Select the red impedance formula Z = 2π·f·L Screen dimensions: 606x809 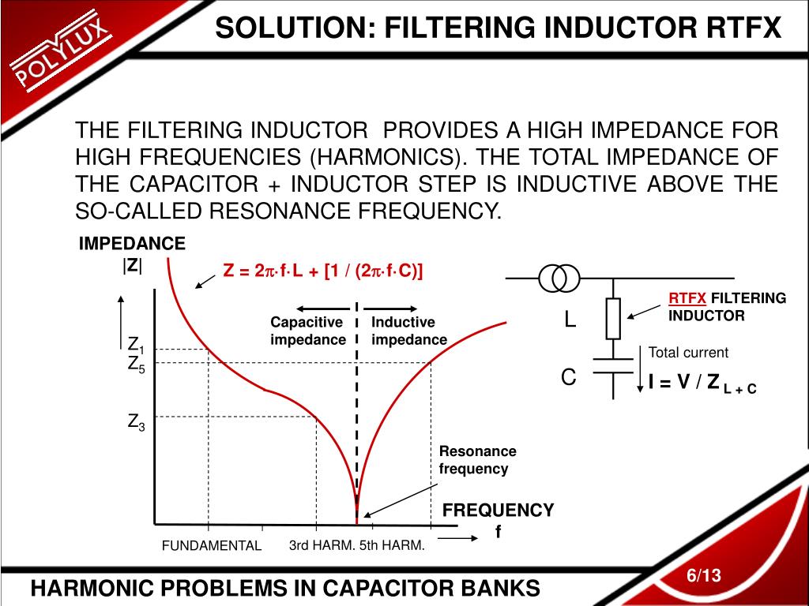click(323, 271)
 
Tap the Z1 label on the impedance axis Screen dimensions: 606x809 click(136, 346)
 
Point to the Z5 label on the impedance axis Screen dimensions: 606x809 click(136, 365)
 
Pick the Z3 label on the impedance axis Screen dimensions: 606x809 click(136, 423)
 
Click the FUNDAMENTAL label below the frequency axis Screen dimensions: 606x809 click(212, 546)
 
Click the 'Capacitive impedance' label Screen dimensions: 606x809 click(307, 331)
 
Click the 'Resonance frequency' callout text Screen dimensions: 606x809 click(477, 460)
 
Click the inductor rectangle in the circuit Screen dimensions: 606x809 click(613, 319)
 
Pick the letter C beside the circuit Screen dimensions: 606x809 click(568, 378)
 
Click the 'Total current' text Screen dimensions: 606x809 click(688, 353)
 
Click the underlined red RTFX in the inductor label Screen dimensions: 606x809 click(687, 298)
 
